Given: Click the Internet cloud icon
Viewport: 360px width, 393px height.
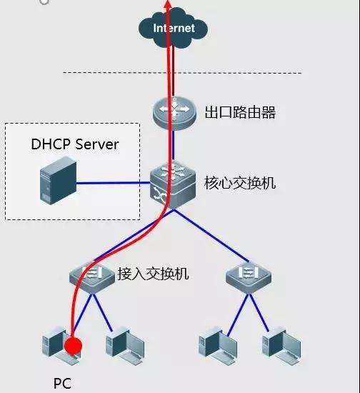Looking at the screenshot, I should (x=174, y=30).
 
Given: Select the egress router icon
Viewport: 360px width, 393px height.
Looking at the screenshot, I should (x=174, y=112).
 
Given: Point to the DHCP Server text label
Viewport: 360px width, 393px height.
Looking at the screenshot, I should (x=74, y=144).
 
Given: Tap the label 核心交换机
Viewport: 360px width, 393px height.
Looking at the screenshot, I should (x=240, y=183).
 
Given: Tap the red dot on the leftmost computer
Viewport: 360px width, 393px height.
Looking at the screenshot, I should (x=72, y=347).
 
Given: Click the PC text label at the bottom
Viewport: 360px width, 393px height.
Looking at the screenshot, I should (x=62, y=384).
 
